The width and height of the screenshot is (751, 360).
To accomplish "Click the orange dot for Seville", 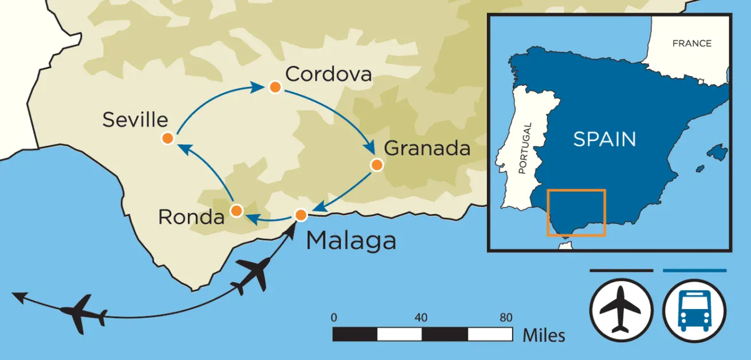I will pyautogui.click(x=167, y=139).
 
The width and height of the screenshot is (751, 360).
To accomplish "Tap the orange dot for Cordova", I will pyautogui.click(x=275, y=88).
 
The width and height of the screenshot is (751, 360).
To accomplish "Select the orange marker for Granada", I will pyautogui.click(x=376, y=165).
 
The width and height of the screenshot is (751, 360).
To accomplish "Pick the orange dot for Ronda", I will pyautogui.click(x=236, y=211).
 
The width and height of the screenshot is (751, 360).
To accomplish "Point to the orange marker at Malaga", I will pyautogui.click(x=301, y=215).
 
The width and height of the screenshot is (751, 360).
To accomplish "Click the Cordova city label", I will pyautogui.click(x=329, y=74).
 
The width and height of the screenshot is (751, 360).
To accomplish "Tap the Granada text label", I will pyautogui.click(x=427, y=148).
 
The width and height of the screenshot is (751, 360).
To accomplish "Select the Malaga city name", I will pyautogui.click(x=351, y=241).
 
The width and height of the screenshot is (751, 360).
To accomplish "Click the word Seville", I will pyautogui.click(x=135, y=120).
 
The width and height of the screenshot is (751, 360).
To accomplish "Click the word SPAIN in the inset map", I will pyautogui.click(x=604, y=139).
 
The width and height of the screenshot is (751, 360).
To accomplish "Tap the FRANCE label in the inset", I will pyautogui.click(x=692, y=43).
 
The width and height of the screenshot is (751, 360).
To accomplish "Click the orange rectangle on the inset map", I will pyautogui.click(x=576, y=190).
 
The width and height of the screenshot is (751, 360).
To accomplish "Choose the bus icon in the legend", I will pyautogui.click(x=694, y=310).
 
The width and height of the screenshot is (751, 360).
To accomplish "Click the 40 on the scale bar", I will pyautogui.click(x=421, y=318).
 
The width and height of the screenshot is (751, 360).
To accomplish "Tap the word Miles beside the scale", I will pyautogui.click(x=543, y=335).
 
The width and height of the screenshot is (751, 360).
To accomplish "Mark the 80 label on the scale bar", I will pyautogui.click(x=505, y=318).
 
